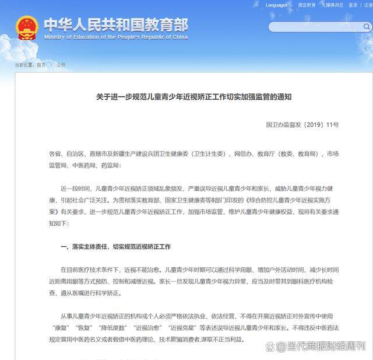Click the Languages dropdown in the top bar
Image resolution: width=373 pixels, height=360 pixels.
[x=278, y=5]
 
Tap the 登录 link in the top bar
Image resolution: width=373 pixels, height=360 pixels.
[x=353, y=5]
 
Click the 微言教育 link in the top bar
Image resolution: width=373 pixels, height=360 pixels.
[x=307, y=5]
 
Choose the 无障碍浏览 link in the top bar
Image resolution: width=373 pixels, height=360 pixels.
[x=333, y=5]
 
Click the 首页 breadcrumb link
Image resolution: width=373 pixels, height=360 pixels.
[x=41, y=65]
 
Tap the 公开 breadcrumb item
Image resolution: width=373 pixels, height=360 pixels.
[x=61, y=65]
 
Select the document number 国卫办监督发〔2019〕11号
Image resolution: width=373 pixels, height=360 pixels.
[x=302, y=125]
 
